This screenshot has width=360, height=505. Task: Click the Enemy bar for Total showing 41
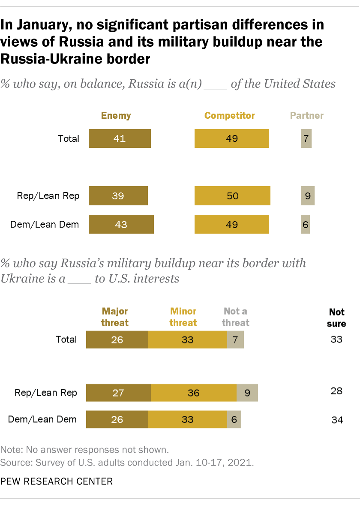click(120, 138)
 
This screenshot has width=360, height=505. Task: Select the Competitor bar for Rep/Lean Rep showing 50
click(232, 196)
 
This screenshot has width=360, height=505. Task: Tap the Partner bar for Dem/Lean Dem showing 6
click(305, 224)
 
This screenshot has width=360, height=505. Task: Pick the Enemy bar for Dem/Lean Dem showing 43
click(121, 224)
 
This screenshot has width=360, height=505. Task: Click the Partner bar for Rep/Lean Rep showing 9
click(307, 196)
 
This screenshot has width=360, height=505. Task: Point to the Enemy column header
click(116, 115)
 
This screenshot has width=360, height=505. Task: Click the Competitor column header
click(230, 115)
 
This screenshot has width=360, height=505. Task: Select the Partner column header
click(307, 115)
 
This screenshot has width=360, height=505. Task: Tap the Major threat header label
click(114, 317)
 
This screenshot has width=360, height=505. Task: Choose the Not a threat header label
click(235, 317)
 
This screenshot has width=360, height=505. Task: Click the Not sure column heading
click(336, 318)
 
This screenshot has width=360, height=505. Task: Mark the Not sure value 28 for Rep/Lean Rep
click(336, 391)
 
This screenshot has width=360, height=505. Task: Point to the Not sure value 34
click(337, 420)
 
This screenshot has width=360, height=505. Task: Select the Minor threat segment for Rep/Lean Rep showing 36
click(194, 393)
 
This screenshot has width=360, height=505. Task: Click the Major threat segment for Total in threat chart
click(117, 340)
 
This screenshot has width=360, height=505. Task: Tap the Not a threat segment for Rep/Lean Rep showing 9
click(247, 393)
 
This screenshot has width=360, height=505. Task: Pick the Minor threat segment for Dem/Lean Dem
click(188, 419)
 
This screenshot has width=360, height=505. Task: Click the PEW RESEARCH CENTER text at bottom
click(57, 481)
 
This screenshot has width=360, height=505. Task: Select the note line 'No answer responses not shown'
click(85, 450)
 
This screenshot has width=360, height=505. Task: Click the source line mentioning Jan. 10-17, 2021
click(127, 463)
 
